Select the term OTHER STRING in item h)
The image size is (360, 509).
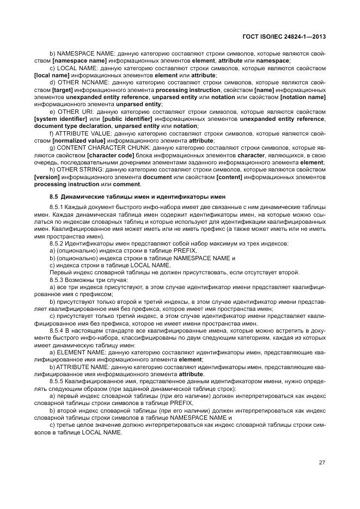click(77, 169)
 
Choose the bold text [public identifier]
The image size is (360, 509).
click(123, 119)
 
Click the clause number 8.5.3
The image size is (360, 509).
click(57, 280)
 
